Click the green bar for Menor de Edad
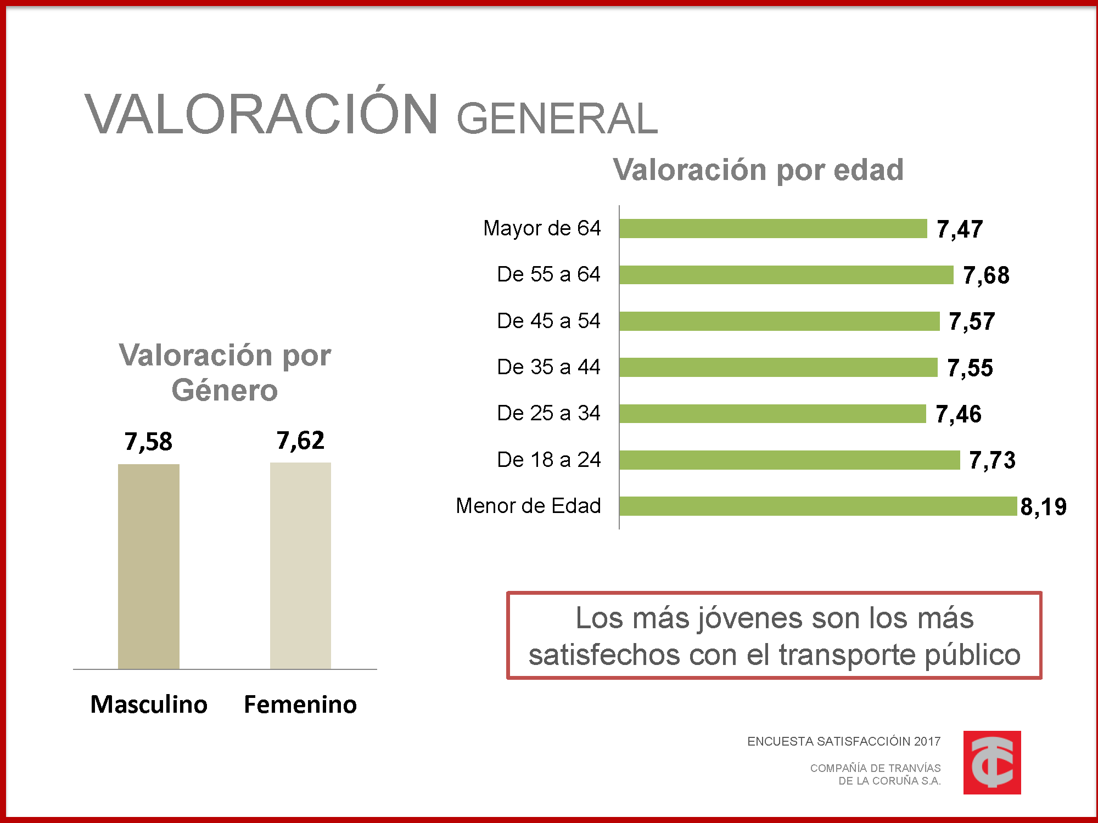[818, 506]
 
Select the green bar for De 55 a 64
[786, 274]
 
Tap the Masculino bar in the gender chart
[149, 566]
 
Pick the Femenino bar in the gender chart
[300, 565]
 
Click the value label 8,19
[1043, 506]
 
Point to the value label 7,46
[959, 414]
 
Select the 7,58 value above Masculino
[148, 442]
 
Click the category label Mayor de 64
[542, 228]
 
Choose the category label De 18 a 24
[548, 460]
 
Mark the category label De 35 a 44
[548, 367]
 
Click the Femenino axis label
[300, 704]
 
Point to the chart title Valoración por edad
[758, 170]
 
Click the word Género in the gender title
[225, 391]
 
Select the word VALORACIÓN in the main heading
[261, 114]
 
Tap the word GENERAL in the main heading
[557, 119]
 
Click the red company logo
[992, 762]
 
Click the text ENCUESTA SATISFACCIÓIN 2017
[844, 742]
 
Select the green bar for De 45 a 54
[780, 321]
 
